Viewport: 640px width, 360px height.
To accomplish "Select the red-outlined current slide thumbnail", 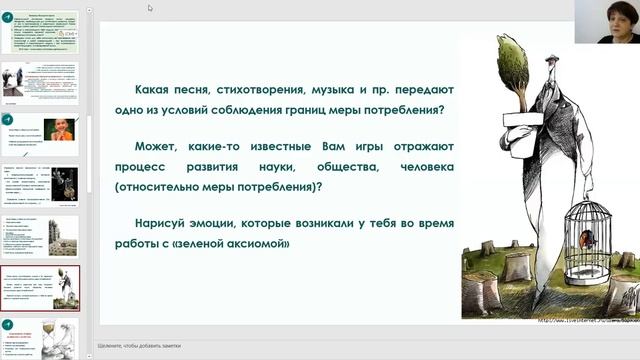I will point(49,289).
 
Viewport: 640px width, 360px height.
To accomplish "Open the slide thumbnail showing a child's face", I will point(49,131).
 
